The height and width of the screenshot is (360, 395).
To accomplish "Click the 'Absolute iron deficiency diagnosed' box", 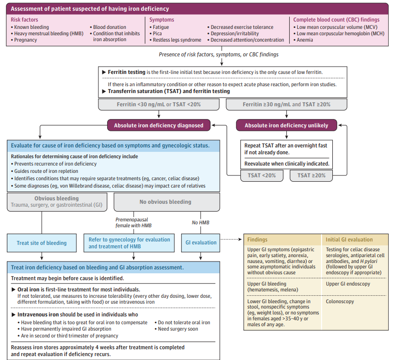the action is pos(159,125).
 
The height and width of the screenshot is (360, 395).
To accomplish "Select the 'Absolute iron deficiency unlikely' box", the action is pos(286,125).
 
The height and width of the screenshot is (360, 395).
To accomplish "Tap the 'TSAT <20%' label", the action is pos(262,175).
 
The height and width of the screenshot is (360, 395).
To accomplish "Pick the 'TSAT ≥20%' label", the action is pos(311,175).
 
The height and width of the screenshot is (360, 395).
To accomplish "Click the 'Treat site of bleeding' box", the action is pos(42,243).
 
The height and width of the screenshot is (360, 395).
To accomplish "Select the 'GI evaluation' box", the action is pos(201,243).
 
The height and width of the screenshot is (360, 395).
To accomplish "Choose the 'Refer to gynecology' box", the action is pos(129,243).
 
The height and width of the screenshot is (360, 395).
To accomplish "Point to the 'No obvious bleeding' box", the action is pos(167,202).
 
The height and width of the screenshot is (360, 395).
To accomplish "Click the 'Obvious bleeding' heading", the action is pos(57,198).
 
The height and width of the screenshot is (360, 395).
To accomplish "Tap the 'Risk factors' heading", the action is pos(24,20).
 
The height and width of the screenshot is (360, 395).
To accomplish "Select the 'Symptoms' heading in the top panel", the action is pos(162,20).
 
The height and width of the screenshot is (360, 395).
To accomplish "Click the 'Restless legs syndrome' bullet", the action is pos(176,40).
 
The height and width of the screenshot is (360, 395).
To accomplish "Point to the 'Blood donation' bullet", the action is pos(108,27).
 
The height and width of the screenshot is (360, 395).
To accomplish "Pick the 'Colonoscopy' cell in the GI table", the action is pos(340,302).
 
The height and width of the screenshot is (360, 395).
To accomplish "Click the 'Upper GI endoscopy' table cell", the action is pos(348,284).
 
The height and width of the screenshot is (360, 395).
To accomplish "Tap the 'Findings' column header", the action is pos(257,240).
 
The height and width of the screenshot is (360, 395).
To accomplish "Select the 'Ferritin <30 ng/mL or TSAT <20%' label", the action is pos(159,105).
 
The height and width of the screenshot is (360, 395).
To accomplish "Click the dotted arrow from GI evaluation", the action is pos(231,239).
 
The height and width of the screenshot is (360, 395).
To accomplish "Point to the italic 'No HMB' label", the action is pos(201,222).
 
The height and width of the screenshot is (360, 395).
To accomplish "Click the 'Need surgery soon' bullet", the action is pos(176,329).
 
